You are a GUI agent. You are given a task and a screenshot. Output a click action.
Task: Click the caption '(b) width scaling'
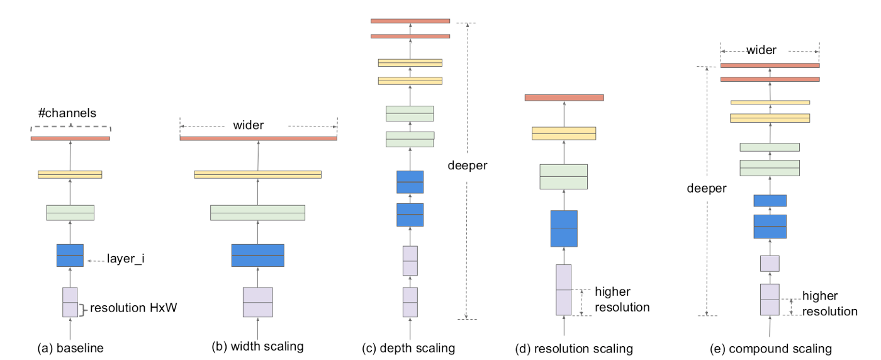[x=258, y=346]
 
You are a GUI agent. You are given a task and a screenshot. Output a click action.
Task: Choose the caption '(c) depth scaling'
[x=408, y=348]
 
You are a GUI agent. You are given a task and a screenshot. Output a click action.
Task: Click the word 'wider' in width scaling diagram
[x=249, y=125]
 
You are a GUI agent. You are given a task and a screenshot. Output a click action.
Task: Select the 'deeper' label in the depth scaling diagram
[x=468, y=166]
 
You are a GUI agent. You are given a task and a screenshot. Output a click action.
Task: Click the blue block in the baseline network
[x=70, y=255]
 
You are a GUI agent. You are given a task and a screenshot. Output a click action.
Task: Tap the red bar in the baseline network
[x=70, y=138]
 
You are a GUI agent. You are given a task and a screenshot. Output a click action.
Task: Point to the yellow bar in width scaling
[x=257, y=174]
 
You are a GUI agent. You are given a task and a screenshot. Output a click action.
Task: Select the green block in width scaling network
[x=257, y=213]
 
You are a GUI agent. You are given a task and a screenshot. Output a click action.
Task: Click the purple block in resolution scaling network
[x=564, y=290]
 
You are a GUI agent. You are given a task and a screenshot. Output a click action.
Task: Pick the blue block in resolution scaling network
[x=564, y=228]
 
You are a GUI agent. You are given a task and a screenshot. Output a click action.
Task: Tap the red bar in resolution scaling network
[x=564, y=98]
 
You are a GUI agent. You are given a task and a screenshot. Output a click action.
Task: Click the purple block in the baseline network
[x=70, y=302]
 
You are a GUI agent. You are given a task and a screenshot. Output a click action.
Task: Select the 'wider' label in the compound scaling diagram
[x=761, y=50]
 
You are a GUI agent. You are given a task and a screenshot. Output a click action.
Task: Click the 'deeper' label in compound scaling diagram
[x=707, y=188]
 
